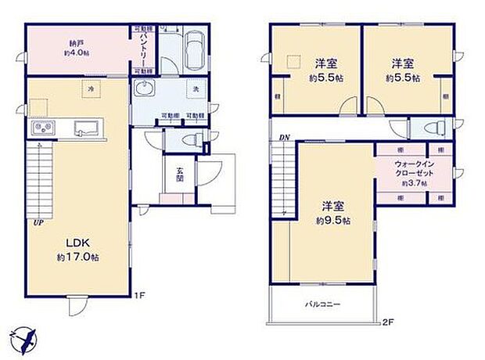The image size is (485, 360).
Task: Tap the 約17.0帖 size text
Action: click(x=76, y=257)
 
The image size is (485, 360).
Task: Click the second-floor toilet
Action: click(x=430, y=128)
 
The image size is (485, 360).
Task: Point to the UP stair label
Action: click(x=37, y=223)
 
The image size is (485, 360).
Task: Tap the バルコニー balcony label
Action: click(x=322, y=304)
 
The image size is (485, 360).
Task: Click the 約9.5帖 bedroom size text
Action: click(x=334, y=221)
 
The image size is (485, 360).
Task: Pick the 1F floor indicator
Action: click(x=139, y=296)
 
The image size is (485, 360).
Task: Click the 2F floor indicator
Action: click(x=387, y=322)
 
